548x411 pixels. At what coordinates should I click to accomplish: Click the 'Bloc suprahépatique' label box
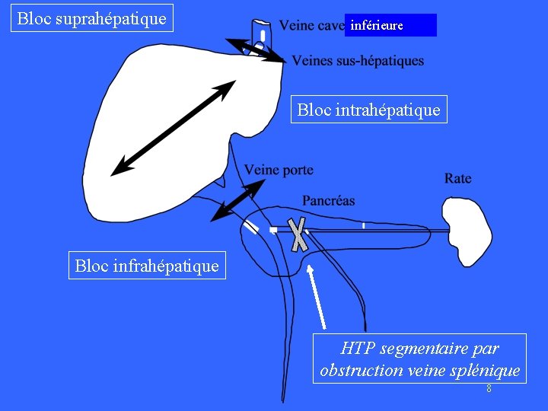[92, 18]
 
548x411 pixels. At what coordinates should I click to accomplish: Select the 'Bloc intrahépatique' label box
[368, 110]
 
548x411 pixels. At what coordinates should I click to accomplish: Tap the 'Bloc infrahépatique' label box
[147, 266]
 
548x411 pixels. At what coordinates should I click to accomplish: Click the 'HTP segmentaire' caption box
[419, 358]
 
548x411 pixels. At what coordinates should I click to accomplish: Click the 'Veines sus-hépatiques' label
[358, 61]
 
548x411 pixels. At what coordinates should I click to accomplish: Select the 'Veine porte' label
[279, 170]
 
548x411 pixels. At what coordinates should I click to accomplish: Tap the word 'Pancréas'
[329, 201]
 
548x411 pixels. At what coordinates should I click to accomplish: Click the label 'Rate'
[458, 178]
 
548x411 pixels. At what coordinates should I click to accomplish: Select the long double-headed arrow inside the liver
[173, 129]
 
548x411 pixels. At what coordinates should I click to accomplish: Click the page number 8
[489, 389]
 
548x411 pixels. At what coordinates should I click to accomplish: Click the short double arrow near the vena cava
[256, 50]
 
